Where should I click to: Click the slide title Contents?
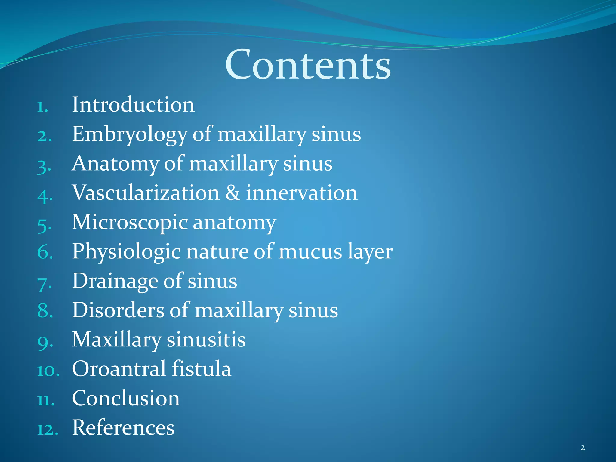click(308, 65)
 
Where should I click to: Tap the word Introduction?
click(133, 105)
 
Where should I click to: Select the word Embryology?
click(130, 134)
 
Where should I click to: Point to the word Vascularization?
click(146, 192)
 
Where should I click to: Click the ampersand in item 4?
click(233, 192)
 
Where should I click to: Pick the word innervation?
click(302, 192)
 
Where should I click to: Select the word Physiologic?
click(126, 252)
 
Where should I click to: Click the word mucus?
click(310, 252)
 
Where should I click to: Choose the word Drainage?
click(115, 281)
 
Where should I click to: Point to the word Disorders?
click(118, 310)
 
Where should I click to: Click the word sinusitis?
click(206, 340)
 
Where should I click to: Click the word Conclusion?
click(126, 398)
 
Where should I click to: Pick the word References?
click(123, 427)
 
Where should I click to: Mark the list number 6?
click(45, 252)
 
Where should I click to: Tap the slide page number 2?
click(583, 448)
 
